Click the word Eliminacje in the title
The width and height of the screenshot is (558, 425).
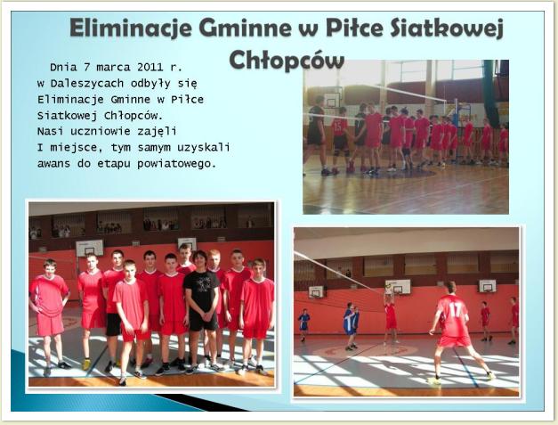[131, 29]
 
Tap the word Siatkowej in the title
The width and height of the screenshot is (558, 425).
[447, 29]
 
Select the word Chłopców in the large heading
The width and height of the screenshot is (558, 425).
[287, 60]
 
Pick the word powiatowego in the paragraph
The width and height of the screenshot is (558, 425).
[177, 164]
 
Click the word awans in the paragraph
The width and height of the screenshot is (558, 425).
[53, 164]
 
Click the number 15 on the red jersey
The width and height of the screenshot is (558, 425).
[339, 125]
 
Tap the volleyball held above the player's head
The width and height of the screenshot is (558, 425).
[389, 286]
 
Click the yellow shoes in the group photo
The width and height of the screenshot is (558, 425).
[86, 364]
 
